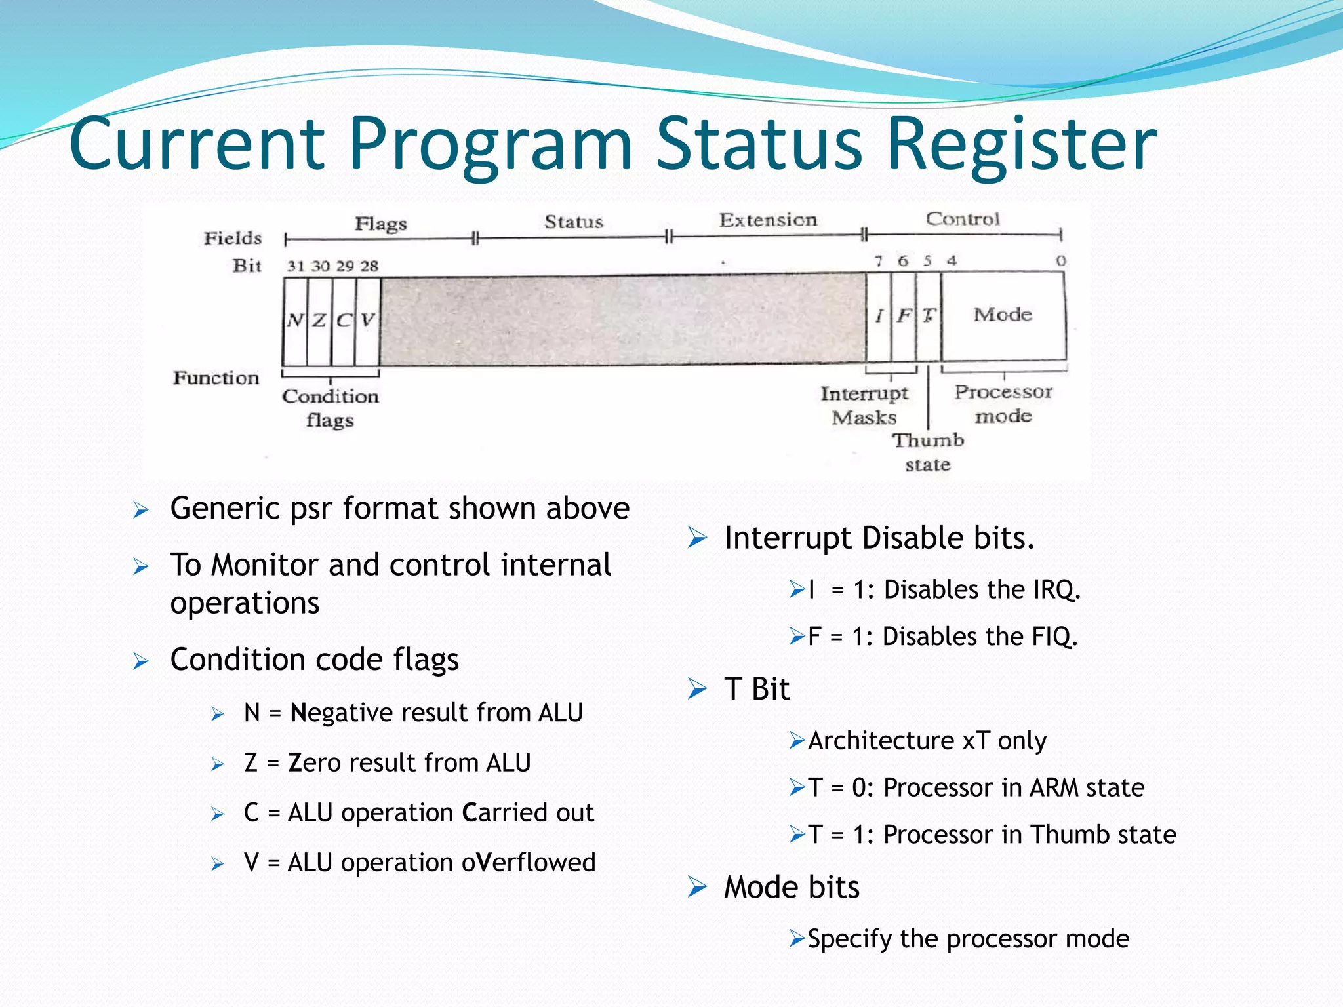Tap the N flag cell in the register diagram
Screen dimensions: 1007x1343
pos(295,321)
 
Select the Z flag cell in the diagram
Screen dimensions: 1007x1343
pos(319,321)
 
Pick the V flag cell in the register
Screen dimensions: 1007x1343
pos(368,321)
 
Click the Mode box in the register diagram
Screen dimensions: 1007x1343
pos(1003,315)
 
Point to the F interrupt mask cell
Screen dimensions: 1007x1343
pos(904,316)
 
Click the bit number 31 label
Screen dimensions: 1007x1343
pos(296,266)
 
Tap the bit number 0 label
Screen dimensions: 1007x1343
pos(1060,261)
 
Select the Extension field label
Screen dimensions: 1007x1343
pos(768,220)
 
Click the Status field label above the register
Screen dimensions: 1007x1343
pos(573,222)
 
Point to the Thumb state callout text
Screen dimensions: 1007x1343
pos(928,452)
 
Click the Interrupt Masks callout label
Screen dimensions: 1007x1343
pos(864,405)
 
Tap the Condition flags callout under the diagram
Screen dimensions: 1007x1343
pos(331,408)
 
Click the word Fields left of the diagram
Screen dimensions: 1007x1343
pos(233,239)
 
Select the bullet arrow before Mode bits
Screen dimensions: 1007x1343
pos(697,887)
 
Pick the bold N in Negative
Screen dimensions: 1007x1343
pos(298,713)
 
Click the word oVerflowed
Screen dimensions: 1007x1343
pos(529,863)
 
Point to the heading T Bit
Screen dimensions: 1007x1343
pos(757,689)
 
